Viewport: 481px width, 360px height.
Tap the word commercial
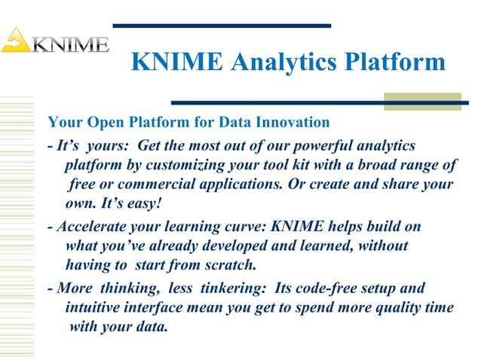156,185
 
